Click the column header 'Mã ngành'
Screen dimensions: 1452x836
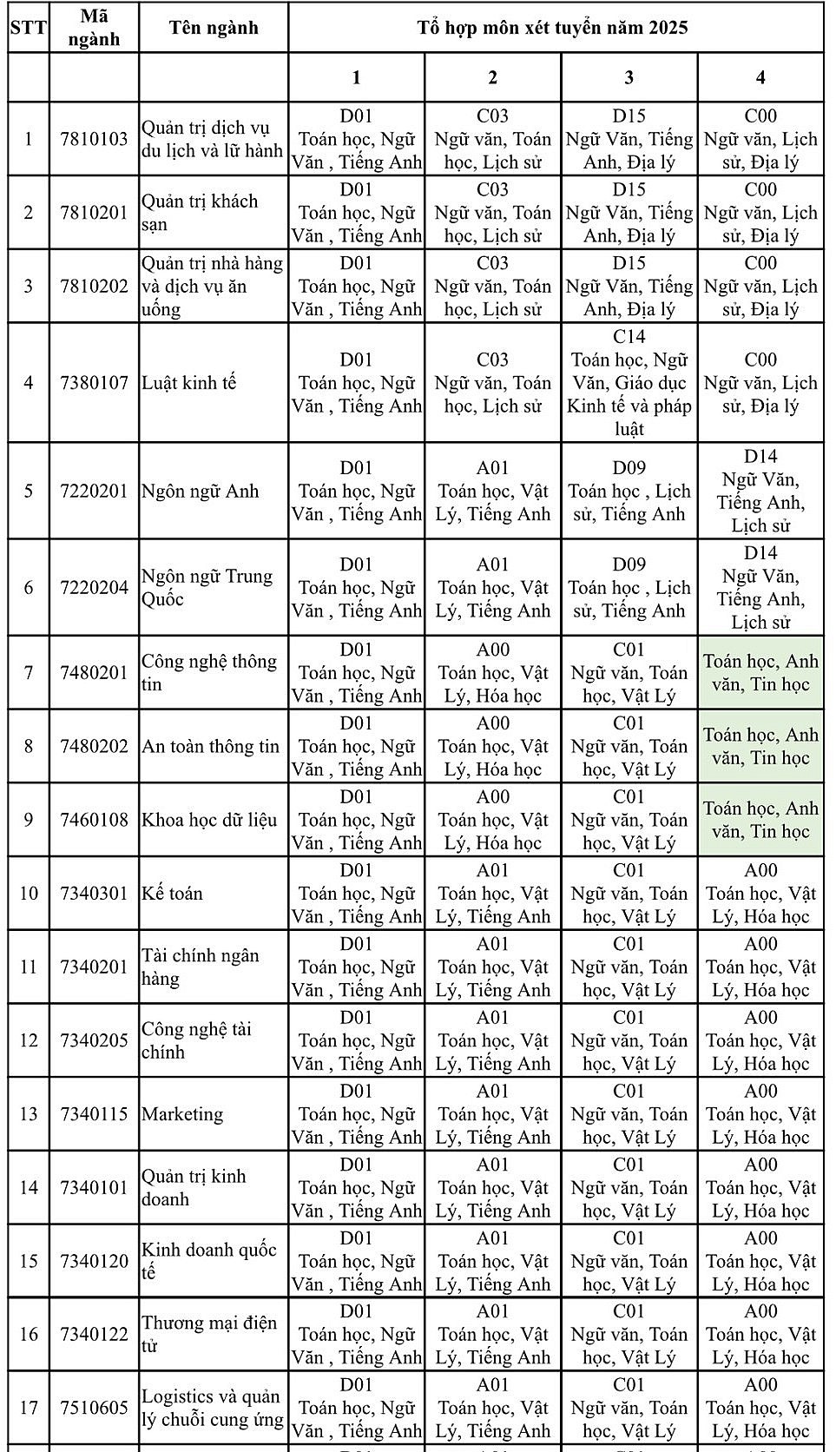pos(94,28)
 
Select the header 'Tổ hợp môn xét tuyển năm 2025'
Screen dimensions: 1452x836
pos(552,28)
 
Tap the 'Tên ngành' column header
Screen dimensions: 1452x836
pos(214,28)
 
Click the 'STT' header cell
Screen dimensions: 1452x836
pos(29,28)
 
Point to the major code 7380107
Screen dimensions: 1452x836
pos(94,383)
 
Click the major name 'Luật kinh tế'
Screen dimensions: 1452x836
pos(189,383)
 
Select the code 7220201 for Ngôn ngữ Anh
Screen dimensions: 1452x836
pos(94,492)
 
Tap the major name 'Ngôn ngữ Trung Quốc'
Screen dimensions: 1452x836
pos(207,588)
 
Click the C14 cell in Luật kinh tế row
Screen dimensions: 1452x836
pos(629,383)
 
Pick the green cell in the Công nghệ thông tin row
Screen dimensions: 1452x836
pos(760,673)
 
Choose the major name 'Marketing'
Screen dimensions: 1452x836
pos(182,1114)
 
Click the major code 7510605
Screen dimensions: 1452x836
pos(94,1408)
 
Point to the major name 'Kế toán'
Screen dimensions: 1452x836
pos(172,894)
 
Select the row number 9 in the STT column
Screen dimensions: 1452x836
pos(29,820)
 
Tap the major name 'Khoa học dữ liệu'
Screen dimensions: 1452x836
pos(209,820)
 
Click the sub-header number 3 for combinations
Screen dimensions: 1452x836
pos(629,78)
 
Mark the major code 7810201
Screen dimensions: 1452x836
pos(94,213)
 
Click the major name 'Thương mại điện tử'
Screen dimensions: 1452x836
pos(209,1334)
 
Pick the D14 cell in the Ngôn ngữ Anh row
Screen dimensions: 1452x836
pos(760,492)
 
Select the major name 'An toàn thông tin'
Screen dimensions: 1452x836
pos(211,747)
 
